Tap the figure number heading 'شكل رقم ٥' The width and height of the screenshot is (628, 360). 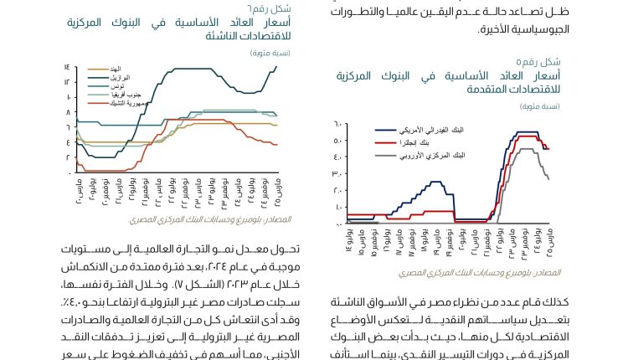point(539,63)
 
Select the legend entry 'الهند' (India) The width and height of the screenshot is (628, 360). point(114,69)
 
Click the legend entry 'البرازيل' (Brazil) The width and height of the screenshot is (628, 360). point(120,77)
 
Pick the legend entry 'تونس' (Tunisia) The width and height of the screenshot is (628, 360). point(118,86)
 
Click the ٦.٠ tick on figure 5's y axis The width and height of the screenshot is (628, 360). point(339,124)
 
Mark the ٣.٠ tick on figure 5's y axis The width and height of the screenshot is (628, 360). point(339,173)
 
